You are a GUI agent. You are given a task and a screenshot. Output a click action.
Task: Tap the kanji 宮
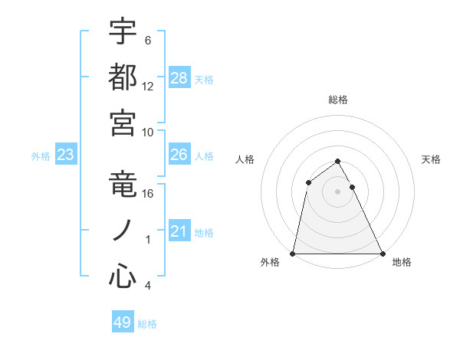click(x=123, y=123)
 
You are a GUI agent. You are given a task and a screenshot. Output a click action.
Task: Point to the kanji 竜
click(x=123, y=187)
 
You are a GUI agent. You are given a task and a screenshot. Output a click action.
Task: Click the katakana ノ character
click(x=123, y=231)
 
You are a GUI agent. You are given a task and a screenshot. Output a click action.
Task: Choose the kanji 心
click(x=123, y=277)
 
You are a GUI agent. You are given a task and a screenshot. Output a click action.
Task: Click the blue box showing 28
click(x=179, y=77)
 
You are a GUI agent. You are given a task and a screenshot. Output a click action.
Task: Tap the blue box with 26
click(x=179, y=155)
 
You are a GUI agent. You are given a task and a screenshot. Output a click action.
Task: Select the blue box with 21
click(x=179, y=231)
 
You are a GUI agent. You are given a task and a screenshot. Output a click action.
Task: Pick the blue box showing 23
click(x=66, y=155)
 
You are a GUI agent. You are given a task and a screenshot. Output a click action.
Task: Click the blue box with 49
click(x=123, y=322)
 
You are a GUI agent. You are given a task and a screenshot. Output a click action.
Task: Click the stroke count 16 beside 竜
click(x=148, y=194)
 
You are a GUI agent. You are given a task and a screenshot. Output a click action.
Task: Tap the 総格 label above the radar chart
click(x=338, y=100)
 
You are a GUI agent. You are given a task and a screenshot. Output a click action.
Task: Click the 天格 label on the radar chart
click(x=432, y=159)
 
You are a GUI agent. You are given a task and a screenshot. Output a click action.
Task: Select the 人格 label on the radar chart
click(x=245, y=159)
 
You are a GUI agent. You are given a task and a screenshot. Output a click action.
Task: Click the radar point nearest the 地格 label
click(x=383, y=253)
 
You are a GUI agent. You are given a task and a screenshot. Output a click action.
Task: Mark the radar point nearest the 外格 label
click(x=293, y=253)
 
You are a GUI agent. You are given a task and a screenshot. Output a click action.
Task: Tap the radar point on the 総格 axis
click(x=338, y=161)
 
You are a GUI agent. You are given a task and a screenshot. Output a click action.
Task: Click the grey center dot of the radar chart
click(x=338, y=191)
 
